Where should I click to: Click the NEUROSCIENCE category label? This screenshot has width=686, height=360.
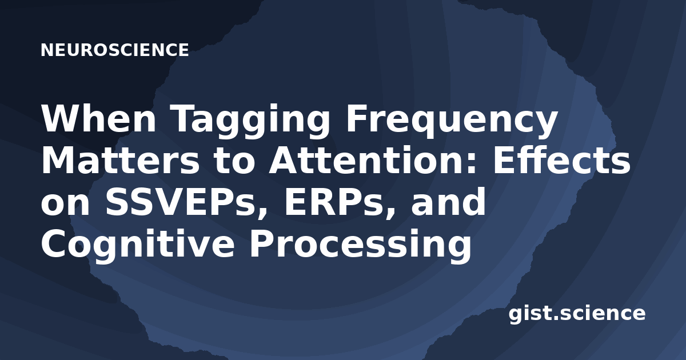coord(114,50)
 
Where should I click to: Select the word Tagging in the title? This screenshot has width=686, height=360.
coord(250,122)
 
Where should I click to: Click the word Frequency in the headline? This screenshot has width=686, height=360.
coord(451,122)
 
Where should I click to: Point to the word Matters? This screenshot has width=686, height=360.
coord(121,160)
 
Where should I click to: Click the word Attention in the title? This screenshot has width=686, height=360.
coord(370,160)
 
